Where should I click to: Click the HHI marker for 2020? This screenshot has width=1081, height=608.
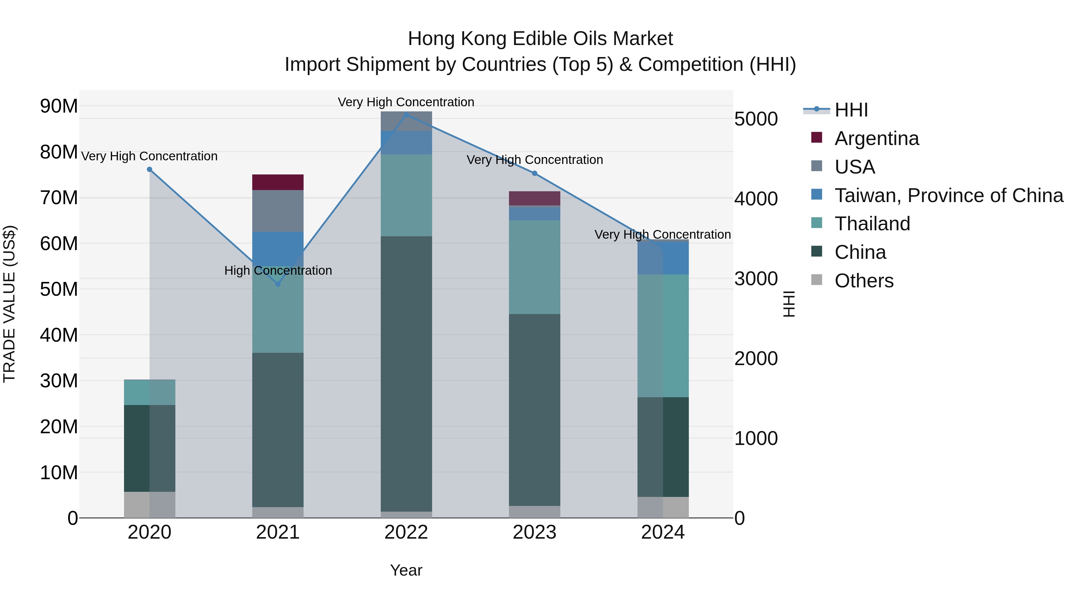click(x=150, y=170)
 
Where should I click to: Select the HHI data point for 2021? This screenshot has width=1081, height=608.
click(x=278, y=284)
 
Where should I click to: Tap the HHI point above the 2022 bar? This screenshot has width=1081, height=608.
click(x=406, y=115)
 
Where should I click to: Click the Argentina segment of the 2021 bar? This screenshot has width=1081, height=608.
click(x=278, y=183)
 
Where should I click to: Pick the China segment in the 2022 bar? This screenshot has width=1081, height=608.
click(x=406, y=374)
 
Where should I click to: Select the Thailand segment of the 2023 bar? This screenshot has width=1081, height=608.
click(x=534, y=267)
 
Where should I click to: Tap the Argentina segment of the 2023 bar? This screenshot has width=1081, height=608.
click(x=534, y=198)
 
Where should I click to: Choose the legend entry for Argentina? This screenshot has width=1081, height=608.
click(x=876, y=138)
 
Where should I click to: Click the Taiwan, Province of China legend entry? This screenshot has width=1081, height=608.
click(x=948, y=195)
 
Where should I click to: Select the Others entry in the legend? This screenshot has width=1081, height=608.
click(x=864, y=281)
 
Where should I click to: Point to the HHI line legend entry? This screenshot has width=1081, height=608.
click(x=851, y=110)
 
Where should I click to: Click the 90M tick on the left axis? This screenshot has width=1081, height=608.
click(x=59, y=106)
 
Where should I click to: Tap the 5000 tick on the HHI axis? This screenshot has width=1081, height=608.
click(x=756, y=119)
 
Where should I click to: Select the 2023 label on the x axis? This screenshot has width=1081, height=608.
click(x=534, y=532)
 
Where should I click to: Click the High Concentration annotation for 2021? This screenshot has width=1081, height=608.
click(x=278, y=271)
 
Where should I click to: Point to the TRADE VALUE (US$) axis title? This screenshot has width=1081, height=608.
click(x=9, y=304)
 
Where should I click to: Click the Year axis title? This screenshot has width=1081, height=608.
click(x=406, y=570)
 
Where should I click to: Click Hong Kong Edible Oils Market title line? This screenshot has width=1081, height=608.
click(x=540, y=39)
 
